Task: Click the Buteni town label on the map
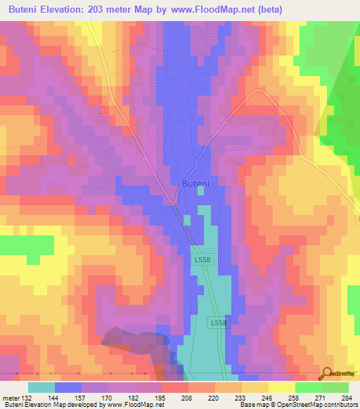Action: click(x=195, y=183)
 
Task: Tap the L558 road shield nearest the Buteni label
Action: click(x=202, y=259)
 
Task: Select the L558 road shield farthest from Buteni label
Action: click(x=219, y=323)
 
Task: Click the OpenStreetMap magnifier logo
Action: click(x=326, y=374)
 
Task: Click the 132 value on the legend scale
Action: click(x=27, y=398)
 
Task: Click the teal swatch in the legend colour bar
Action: click(x=41, y=387)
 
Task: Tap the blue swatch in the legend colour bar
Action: click(x=68, y=387)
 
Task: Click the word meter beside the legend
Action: click(x=11, y=398)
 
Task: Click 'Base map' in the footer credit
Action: click(x=252, y=405)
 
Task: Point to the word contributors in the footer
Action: click(x=339, y=405)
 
